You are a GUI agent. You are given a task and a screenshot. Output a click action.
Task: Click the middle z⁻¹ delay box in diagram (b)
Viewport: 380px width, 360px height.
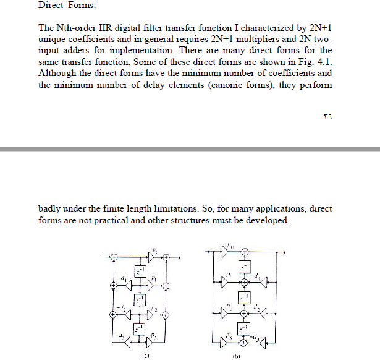pos(245,298)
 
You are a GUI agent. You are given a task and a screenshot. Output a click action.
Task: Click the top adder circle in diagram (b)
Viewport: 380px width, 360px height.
pos(245,252)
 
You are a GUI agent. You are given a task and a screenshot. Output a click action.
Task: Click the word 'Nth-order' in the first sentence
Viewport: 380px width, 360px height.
pos(74,28)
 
